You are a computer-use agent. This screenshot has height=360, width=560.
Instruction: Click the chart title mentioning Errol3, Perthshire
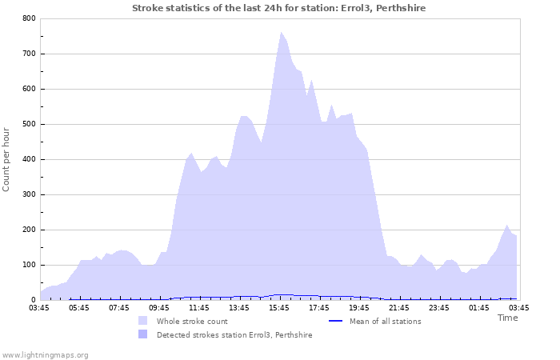(x=278, y=8)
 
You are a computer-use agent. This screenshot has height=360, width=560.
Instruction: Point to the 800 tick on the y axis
(x=28, y=18)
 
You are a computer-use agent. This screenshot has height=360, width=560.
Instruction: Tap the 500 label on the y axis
(x=28, y=124)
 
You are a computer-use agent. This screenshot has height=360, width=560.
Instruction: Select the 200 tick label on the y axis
(x=28, y=230)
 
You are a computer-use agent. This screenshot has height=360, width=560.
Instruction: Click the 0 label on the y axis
(x=33, y=300)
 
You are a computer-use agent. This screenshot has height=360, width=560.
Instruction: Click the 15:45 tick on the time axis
(x=278, y=307)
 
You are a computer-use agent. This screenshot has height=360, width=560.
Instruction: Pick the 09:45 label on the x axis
(x=158, y=307)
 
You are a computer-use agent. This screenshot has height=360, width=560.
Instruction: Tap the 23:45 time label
(x=438, y=307)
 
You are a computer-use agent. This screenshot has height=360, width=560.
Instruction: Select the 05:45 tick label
(x=78, y=307)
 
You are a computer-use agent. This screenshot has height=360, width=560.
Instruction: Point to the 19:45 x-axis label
(x=358, y=307)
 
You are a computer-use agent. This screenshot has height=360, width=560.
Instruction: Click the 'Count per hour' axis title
(x=7, y=158)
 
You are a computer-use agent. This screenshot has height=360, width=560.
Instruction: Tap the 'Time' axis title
(x=507, y=318)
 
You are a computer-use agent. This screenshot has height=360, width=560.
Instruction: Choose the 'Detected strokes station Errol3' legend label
(x=234, y=334)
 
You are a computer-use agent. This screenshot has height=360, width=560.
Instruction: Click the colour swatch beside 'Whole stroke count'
(x=142, y=321)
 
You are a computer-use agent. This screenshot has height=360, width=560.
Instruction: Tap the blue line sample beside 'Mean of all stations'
(x=337, y=321)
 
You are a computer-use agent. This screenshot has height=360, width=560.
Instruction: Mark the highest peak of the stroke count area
(x=282, y=33)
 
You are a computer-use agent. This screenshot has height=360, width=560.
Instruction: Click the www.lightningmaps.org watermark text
(x=45, y=354)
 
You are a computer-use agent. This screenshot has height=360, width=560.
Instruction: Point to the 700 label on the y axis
(x=28, y=54)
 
